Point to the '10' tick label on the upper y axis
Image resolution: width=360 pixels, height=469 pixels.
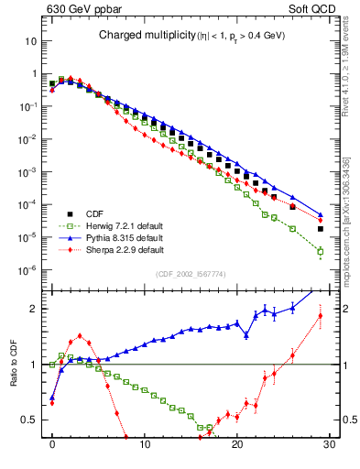point(31,41)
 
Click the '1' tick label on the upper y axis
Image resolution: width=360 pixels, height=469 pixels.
point(34,74)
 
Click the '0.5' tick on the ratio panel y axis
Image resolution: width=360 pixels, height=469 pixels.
point(30,420)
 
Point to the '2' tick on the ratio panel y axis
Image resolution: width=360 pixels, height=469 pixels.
point(34,309)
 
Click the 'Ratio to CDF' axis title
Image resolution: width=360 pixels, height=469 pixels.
point(13,377)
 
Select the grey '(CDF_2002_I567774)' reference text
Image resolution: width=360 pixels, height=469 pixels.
point(191,274)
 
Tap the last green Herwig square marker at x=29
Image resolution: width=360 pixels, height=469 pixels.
point(320,251)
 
